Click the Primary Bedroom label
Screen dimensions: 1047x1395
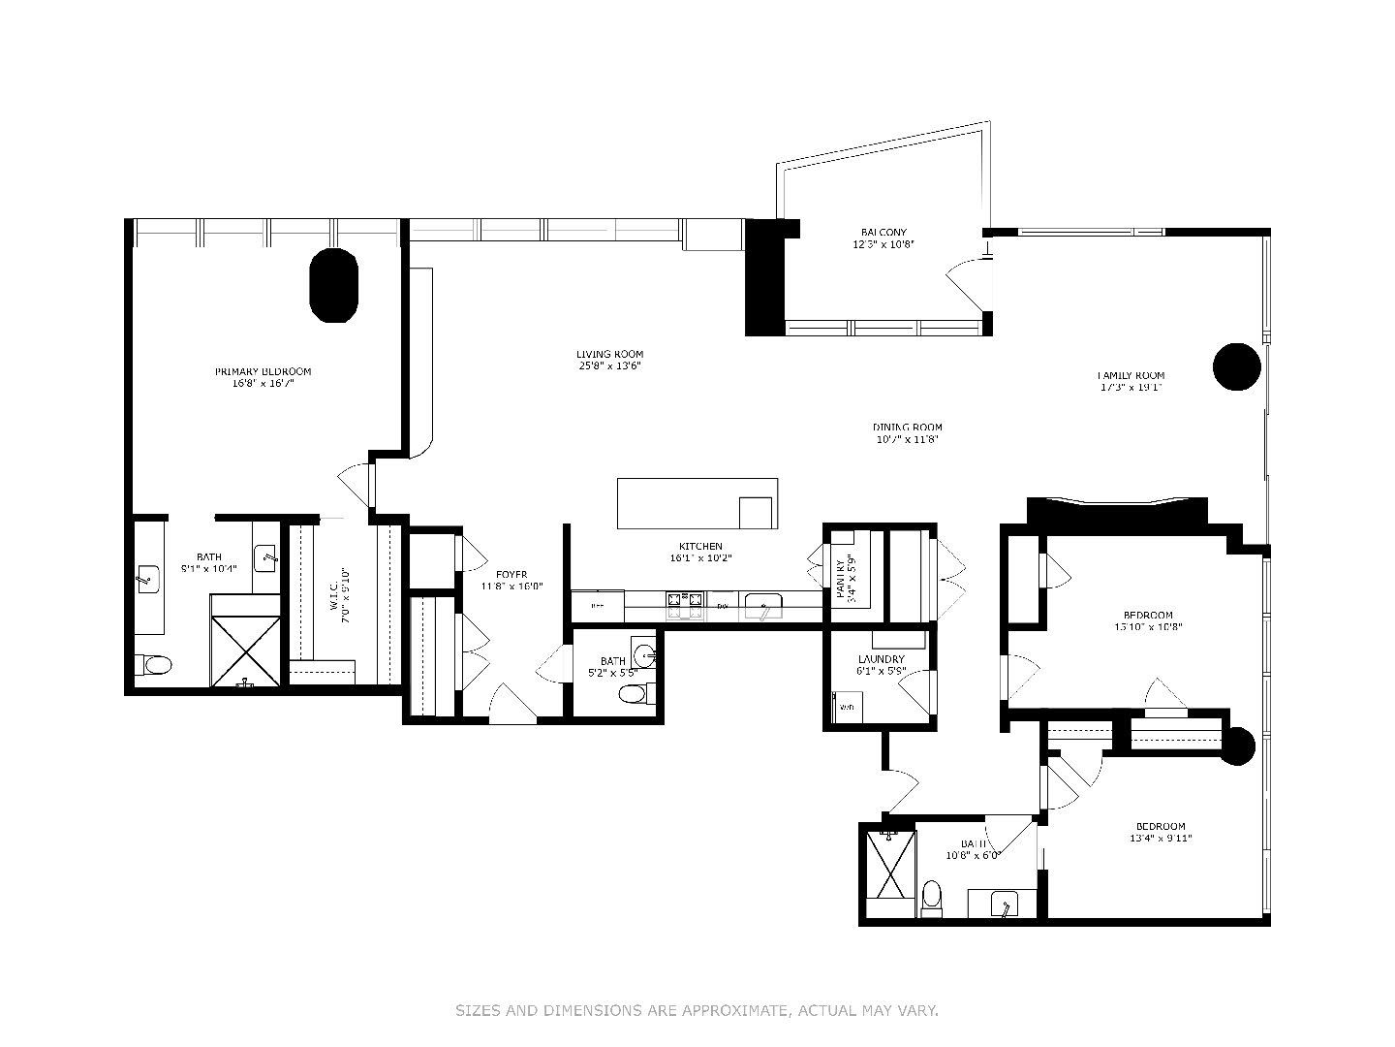click(263, 371)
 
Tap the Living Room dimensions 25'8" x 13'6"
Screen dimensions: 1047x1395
click(609, 366)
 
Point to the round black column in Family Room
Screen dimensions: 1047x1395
click(1237, 366)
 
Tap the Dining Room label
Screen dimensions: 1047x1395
click(907, 428)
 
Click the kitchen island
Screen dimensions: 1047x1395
click(697, 503)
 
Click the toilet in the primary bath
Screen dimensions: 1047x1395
click(153, 665)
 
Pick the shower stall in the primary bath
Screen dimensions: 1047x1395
click(246, 641)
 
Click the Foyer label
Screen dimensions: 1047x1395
click(511, 574)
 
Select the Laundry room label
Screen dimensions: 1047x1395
click(880, 659)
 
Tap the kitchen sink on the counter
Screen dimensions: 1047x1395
click(765, 609)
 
